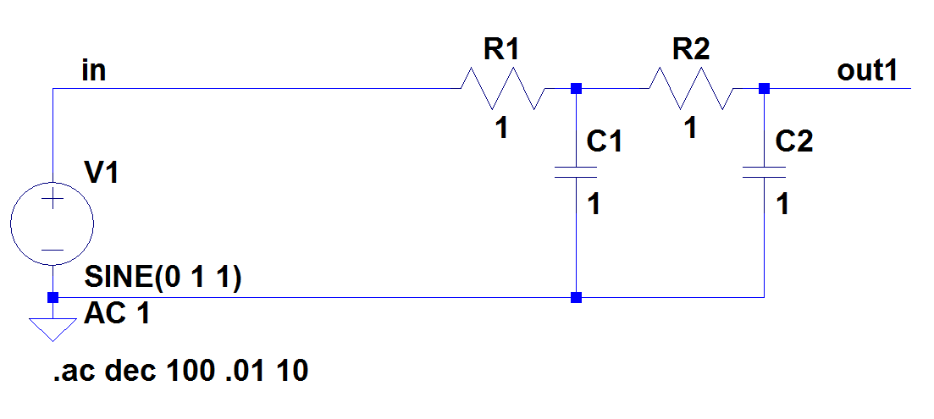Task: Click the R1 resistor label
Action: (500, 49)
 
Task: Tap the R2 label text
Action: (690, 49)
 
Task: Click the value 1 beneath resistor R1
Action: (502, 129)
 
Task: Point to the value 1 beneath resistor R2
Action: (691, 129)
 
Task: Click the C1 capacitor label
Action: (605, 141)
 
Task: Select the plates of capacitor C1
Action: (576, 173)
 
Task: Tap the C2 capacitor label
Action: (794, 141)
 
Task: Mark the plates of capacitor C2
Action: (765, 173)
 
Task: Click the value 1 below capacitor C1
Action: (594, 204)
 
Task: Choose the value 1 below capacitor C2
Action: (783, 204)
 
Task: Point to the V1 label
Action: (102, 174)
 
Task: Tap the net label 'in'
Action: (93, 70)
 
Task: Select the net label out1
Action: (866, 70)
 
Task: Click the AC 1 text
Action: (118, 316)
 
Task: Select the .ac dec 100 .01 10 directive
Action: (180, 371)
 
